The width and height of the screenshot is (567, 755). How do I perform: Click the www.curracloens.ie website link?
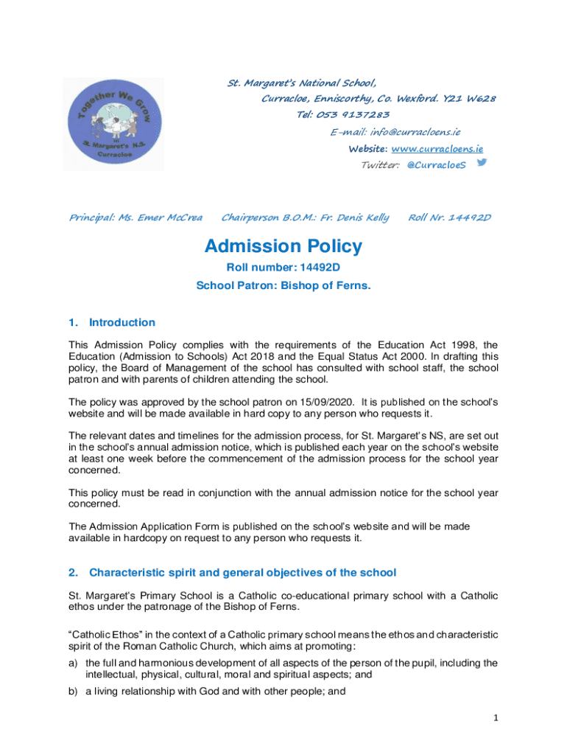[439, 148]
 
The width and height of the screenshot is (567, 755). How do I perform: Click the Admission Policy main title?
[283, 246]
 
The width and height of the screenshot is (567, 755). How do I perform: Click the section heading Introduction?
[121, 322]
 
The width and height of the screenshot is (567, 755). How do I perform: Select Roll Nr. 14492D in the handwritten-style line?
[449, 218]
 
